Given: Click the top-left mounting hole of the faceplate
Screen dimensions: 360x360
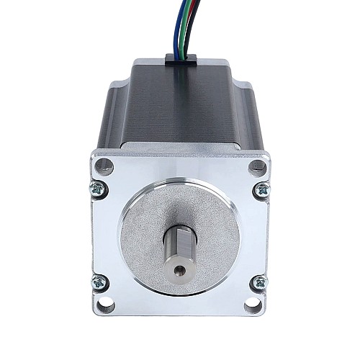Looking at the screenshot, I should (x=106, y=167).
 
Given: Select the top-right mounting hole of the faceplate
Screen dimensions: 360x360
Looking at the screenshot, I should (x=255, y=167).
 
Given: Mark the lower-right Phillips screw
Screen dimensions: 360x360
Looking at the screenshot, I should (x=262, y=282).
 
